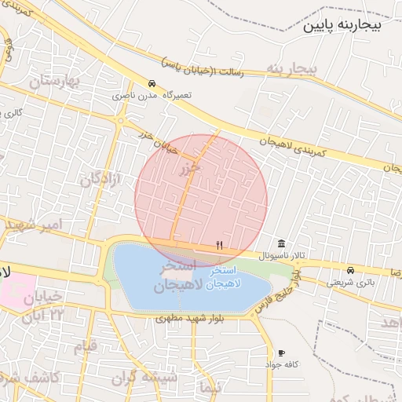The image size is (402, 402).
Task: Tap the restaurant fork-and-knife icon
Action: [x=220, y=245]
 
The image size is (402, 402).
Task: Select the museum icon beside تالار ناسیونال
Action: [x=281, y=242]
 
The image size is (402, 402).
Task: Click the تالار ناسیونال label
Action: [x=269, y=257]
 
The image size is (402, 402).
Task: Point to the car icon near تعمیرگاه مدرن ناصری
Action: [x=152, y=83]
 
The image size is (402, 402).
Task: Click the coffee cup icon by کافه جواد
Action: [x=281, y=353]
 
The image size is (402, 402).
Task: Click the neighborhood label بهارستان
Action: [x=55, y=81]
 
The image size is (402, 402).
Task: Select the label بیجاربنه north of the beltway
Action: [x=291, y=69]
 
